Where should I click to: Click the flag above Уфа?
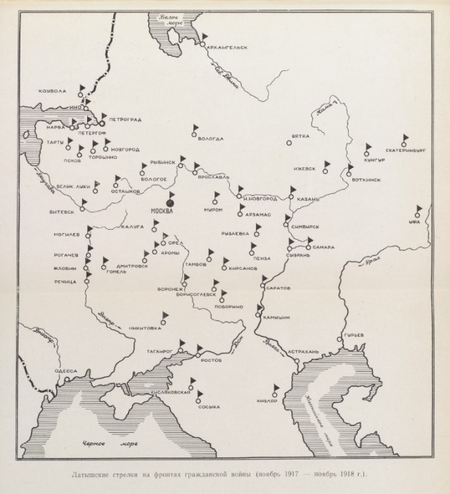pyautogui.click(x=418, y=209)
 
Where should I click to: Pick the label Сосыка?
pyautogui.click(x=208, y=406)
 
